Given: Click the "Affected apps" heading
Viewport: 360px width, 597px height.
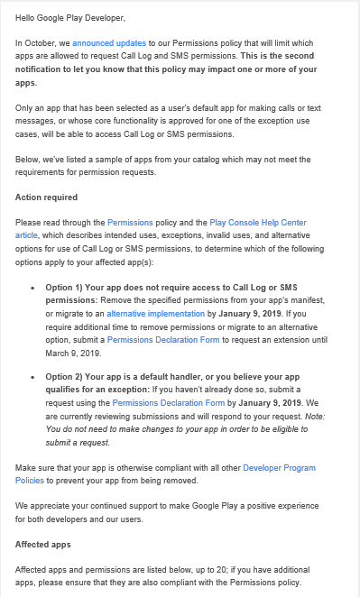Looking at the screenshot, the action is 44,545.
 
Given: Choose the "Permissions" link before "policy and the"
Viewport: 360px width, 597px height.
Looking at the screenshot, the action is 130,222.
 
